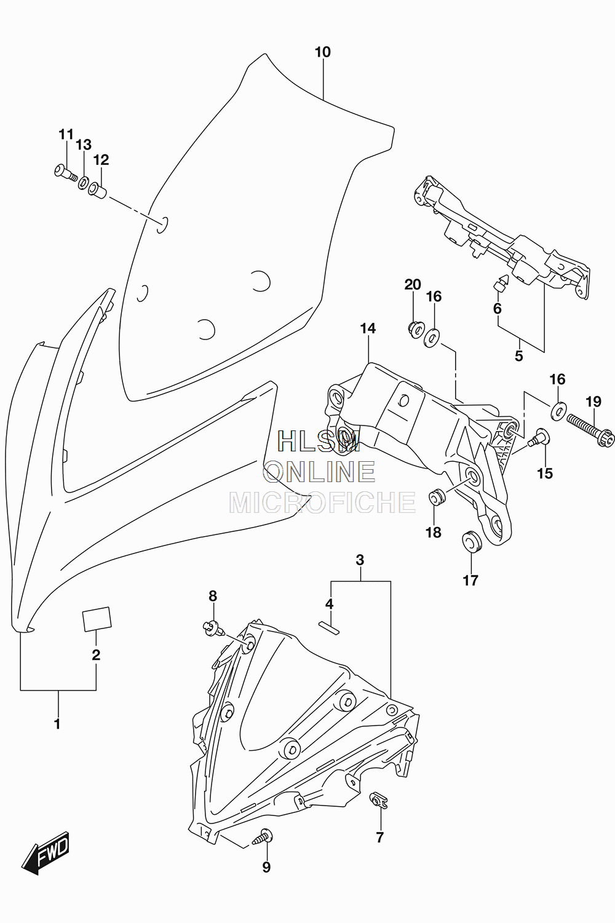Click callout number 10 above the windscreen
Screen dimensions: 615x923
(322, 52)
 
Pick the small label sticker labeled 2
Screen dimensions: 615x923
(97, 619)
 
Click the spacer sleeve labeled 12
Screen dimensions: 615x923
(98, 191)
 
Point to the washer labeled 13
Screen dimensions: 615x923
(84, 183)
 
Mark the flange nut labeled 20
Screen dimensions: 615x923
(415, 329)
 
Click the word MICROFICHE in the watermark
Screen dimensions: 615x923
(322, 502)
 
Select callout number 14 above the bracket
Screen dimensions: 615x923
(368, 328)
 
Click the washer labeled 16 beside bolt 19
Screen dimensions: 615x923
(558, 410)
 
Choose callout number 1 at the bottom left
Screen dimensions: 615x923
(58, 724)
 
